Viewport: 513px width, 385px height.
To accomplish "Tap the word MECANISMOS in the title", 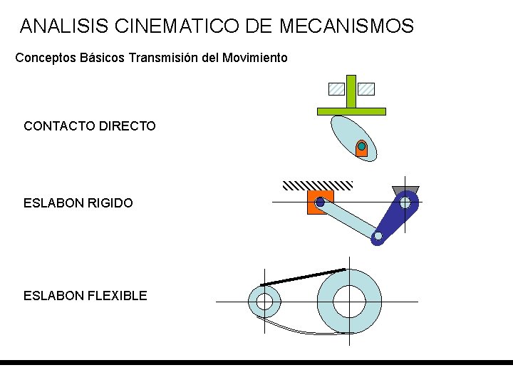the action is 346,26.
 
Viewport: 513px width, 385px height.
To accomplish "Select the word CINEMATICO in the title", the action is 177,26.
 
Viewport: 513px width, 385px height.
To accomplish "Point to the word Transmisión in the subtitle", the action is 164,57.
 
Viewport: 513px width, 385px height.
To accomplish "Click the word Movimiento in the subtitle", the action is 255,57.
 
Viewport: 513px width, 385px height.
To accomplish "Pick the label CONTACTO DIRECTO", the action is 89,126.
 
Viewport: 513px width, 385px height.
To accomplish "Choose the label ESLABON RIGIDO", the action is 78,203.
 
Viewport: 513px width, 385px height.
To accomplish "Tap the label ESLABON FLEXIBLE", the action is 85,295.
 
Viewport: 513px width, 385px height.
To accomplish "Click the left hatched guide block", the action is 336,89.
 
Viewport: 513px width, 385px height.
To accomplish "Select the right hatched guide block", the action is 366,89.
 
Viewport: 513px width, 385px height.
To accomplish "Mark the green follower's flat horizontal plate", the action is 351,111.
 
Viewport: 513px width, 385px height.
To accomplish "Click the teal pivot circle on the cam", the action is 362,147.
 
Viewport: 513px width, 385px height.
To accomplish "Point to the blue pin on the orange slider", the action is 320,202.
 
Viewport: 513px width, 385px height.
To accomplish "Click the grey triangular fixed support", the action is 405,189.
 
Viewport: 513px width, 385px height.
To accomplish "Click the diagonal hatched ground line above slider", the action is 318,185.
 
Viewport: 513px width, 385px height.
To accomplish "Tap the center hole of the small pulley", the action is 264,302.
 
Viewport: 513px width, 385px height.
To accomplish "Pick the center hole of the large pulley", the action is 350,302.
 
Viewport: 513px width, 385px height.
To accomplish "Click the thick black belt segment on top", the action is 303,277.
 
